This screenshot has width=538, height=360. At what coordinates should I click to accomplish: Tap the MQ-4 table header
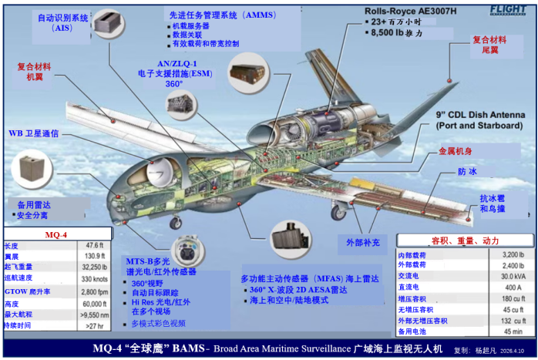pos(56,234)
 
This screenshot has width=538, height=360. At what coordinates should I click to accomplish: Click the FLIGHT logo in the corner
pos(509,9)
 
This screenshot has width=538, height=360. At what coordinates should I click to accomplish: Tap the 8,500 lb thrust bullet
pos(397,33)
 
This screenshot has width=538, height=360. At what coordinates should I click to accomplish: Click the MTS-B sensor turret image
pos(185,250)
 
